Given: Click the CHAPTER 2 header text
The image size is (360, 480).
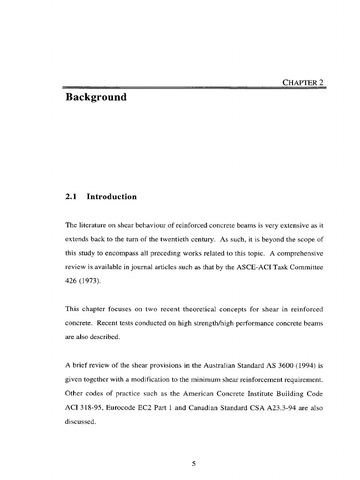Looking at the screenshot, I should point(303,83).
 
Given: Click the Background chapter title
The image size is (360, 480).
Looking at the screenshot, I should point(96,98).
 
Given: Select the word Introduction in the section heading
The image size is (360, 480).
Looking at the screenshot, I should point(112,197).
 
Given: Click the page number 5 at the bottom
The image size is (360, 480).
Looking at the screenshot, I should point(194,464).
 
